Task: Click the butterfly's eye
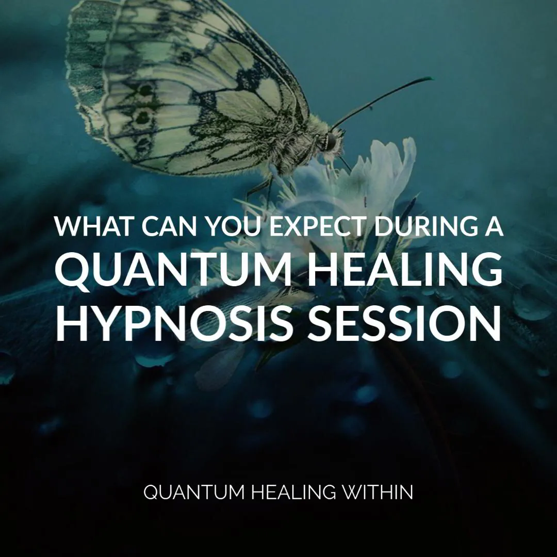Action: click(330, 140)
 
